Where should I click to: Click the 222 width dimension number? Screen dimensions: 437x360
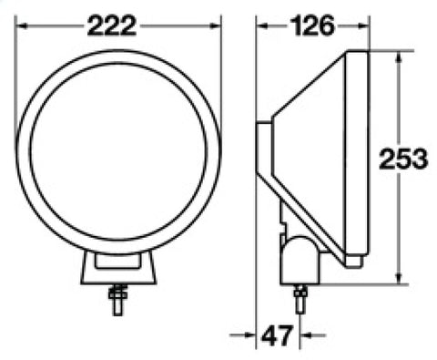pos(112,26)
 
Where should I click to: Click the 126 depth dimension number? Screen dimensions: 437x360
pos(312,26)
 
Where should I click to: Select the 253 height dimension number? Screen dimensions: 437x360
pos(403,159)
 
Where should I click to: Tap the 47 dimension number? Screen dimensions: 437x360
pos(277,335)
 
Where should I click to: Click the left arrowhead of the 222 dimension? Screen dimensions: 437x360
pos(21,26)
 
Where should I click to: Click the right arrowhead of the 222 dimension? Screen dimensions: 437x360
pos(215,26)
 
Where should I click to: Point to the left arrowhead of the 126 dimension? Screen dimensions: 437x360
pos(262,26)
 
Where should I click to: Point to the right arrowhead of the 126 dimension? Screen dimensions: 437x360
pos(363,26)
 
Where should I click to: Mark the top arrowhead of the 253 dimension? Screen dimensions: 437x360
pos(400,57)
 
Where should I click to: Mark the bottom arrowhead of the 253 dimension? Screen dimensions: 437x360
pos(400,277)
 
